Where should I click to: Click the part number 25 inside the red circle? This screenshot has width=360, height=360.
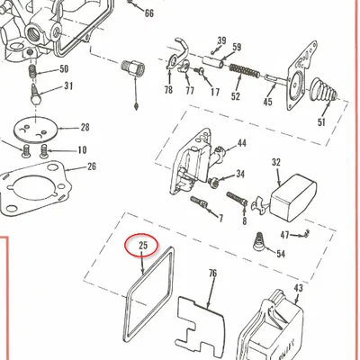(143, 246)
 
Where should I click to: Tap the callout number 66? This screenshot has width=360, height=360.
(149, 13)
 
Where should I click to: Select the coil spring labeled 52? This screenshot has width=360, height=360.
(245, 71)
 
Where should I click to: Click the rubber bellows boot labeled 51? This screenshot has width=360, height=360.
(324, 90)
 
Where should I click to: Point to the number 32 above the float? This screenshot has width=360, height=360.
(276, 162)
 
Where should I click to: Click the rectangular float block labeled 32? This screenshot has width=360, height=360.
(293, 197)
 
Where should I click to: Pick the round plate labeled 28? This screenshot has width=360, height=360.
(36, 130)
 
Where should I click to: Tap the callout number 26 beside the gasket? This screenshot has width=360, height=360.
(92, 166)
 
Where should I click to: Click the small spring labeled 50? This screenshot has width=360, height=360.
(33, 73)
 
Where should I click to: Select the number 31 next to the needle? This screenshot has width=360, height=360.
(68, 86)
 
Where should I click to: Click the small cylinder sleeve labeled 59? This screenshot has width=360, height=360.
(212, 61)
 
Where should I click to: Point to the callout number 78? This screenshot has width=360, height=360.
(168, 90)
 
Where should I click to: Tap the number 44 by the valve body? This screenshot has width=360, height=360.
(242, 143)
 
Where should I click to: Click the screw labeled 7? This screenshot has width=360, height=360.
(199, 202)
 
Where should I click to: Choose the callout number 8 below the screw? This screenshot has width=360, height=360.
(245, 221)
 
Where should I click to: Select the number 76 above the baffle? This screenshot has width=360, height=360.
(212, 274)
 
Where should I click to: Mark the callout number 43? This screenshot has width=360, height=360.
(298, 288)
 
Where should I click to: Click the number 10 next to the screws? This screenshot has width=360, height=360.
(82, 150)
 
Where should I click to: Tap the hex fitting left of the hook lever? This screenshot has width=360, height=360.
(132, 67)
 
